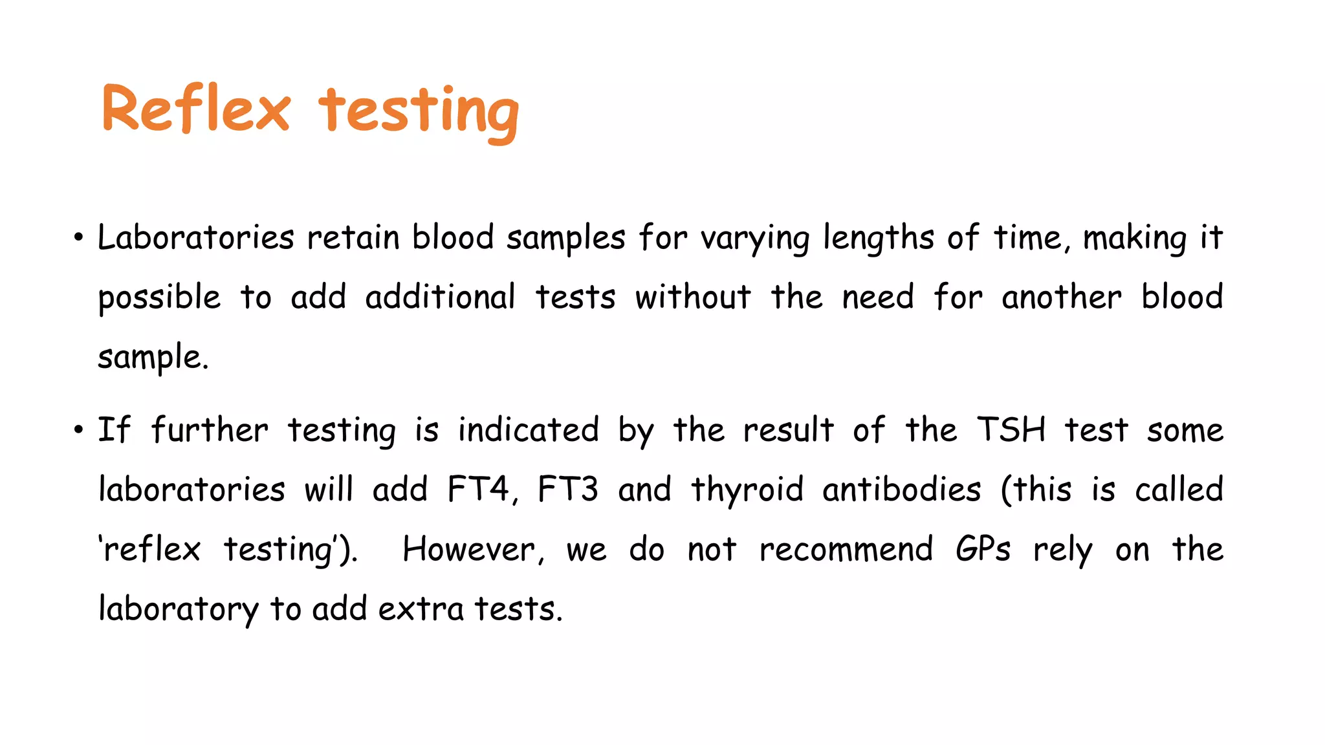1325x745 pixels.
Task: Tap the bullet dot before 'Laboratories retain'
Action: pos(78,238)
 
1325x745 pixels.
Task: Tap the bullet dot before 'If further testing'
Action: pos(78,430)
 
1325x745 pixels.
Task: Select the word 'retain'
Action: pos(353,237)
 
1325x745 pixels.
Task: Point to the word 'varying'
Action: pos(755,239)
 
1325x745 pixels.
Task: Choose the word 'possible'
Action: pos(159,298)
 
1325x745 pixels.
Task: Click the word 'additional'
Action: pos(440,297)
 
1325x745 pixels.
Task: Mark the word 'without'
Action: pos(693,297)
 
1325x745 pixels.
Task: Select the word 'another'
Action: pos(1061,297)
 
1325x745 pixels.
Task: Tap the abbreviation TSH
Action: pos(1011,429)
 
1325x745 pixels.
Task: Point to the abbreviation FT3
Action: pos(568,489)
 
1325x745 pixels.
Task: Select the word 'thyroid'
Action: pos(747,490)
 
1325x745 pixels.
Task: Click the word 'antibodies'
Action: pos(902,489)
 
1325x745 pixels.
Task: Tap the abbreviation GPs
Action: pos(983,550)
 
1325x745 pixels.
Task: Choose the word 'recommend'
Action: pos(846,550)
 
